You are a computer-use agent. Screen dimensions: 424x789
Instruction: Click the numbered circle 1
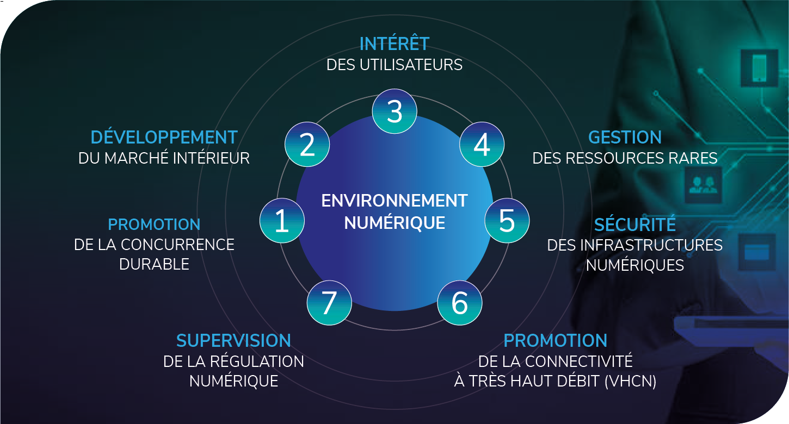(282, 221)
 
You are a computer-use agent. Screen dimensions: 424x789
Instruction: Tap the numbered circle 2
(307, 145)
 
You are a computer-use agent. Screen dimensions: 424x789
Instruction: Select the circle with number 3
(394, 111)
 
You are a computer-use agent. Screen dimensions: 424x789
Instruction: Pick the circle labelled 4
(482, 145)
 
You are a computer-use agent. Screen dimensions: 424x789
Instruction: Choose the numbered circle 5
(507, 221)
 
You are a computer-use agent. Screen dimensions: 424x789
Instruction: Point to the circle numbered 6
(460, 303)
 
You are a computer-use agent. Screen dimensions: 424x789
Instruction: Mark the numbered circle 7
(329, 303)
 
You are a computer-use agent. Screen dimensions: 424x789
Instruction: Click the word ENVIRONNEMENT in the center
(394, 201)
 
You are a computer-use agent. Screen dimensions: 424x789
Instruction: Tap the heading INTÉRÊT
(394, 43)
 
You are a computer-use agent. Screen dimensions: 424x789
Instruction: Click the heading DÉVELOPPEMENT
(164, 137)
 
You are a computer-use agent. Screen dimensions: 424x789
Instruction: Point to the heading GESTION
(625, 137)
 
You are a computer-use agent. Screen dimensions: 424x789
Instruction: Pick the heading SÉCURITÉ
(634, 224)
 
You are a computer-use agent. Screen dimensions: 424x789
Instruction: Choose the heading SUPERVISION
(233, 341)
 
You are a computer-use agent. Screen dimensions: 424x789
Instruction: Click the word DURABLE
(154, 265)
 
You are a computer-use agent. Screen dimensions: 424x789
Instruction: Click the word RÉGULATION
(257, 361)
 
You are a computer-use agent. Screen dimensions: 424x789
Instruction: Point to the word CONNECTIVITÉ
(579, 361)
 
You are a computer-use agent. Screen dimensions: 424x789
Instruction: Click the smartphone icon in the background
(759, 66)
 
